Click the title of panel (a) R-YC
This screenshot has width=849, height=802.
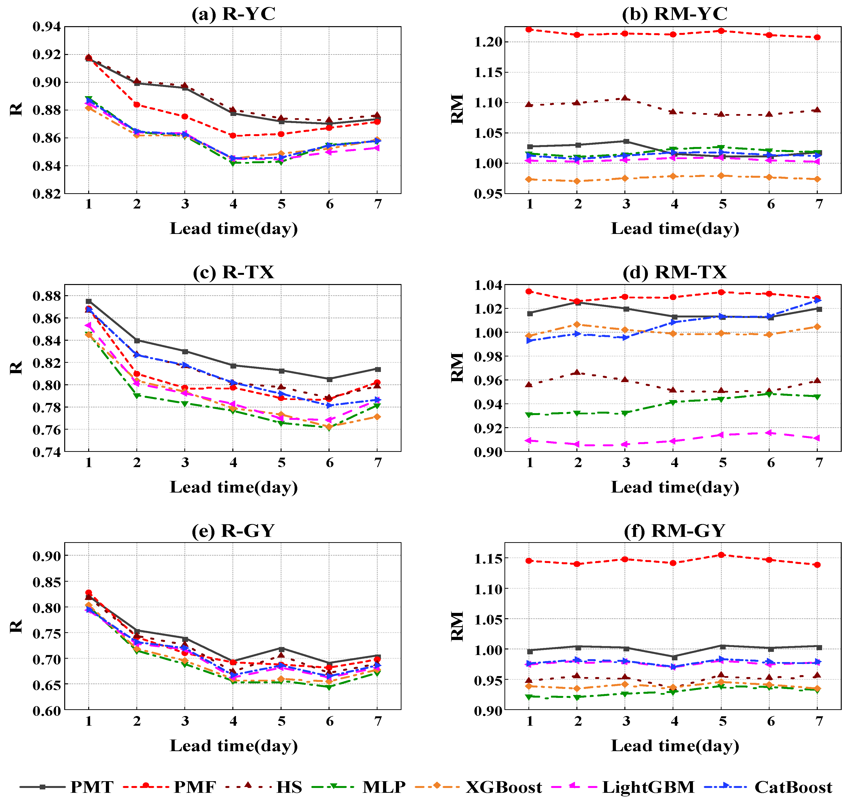coord(233,14)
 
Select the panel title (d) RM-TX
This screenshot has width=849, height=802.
coord(675,272)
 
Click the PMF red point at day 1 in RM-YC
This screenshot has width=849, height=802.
coord(529,30)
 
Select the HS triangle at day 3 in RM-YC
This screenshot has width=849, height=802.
coord(626,98)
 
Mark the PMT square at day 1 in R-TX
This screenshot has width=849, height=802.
coord(88,301)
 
